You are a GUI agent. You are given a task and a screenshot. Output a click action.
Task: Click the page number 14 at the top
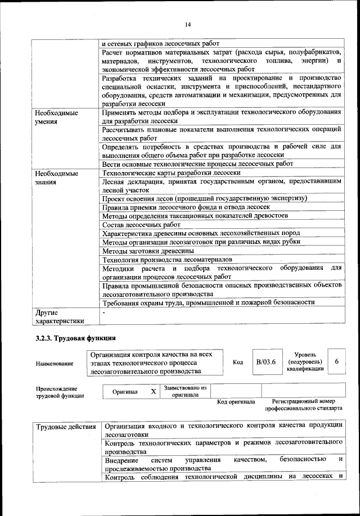pyautogui.click(x=187, y=24)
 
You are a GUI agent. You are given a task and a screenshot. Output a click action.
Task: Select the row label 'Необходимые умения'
pyautogui.click(x=56, y=116)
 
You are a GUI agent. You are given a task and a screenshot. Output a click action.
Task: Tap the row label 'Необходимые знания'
pyautogui.click(x=56, y=177)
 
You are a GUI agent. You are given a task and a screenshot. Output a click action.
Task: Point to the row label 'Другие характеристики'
pyautogui.click(x=59, y=316)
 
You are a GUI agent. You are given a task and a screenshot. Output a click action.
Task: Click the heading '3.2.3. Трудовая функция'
pyautogui.click(x=75, y=338)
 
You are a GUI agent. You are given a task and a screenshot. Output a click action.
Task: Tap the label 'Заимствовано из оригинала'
pyautogui.click(x=185, y=391)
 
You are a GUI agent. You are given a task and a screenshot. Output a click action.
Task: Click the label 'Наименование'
pyautogui.click(x=55, y=364)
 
